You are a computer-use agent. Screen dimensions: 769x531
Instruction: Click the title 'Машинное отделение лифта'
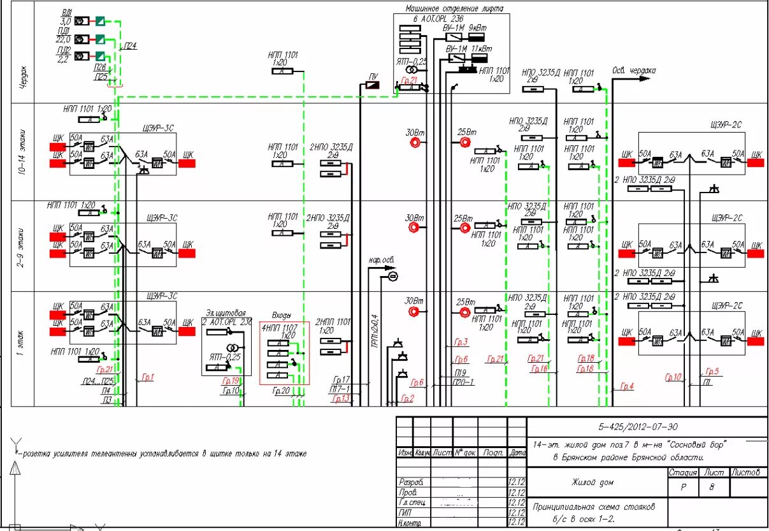pyautogui.click(x=454, y=9)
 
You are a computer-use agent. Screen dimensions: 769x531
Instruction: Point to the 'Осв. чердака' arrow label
pyautogui.click(x=633, y=71)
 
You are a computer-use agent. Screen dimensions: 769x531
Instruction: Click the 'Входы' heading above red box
pyautogui.click(x=282, y=316)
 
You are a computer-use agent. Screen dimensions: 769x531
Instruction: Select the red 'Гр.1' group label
pyautogui.click(x=147, y=377)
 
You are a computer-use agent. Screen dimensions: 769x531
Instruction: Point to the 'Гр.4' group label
pyautogui.click(x=627, y=386)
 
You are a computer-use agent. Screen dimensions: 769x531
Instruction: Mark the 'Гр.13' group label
pyautogui.click(x=340, y=399)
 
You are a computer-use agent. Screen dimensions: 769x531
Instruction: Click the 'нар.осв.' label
pyautogui.click(x=380, y=261)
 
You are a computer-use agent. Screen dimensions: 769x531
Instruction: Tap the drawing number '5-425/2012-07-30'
pyautogui.click(x=647, y=427)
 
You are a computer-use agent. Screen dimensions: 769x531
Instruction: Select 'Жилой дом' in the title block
pyautogui.click(x=593, y=483)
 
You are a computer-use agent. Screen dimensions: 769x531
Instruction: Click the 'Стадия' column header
pyautogui.click(x=682, y=472)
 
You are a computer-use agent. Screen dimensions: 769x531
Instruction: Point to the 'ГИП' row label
pyautogui.click(x=404, y=512)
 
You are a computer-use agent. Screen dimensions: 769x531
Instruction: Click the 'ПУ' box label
pyautogui.click(x=373, y=76)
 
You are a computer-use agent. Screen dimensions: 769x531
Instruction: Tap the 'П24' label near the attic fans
pyautogui.click(x=130, y=46)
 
